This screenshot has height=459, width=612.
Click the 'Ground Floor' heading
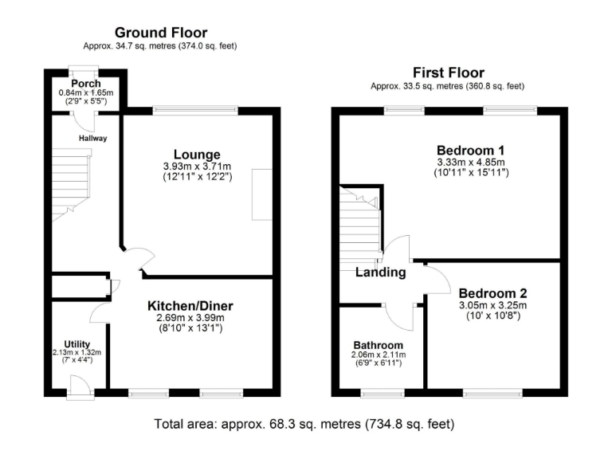click(x=161, y=33)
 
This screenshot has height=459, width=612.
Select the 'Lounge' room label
click(x=197, y=154)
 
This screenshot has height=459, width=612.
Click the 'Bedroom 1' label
click(x=470, y=150)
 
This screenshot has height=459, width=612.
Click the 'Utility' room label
click(x=76, y=344)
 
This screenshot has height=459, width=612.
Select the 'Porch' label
click(x=85, y=83)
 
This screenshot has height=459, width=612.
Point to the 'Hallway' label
click(x=92, y=138)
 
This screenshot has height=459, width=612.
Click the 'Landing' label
click(x=380, y=273)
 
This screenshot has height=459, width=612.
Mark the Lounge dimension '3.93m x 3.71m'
click(x=197, y=166)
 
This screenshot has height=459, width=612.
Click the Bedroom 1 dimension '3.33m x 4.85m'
click(x=470, y=162)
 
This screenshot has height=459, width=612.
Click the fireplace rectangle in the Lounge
click(x=261, y=194)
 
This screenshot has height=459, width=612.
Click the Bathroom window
click(x=382, y=393)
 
